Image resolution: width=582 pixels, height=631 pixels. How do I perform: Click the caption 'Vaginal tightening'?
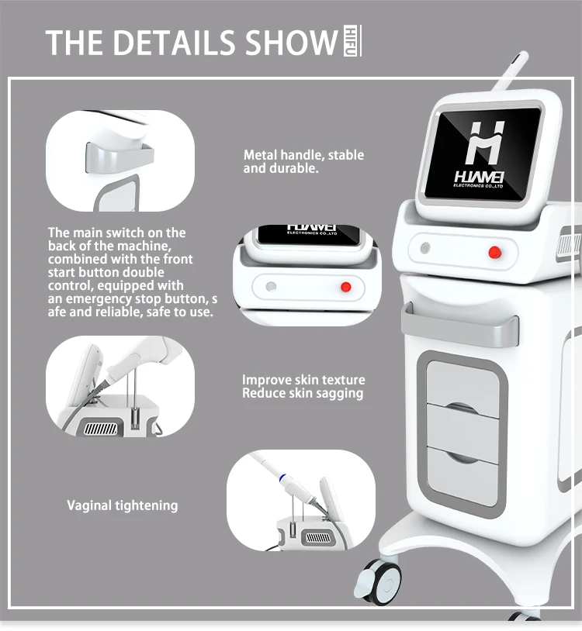[x=122, y=505]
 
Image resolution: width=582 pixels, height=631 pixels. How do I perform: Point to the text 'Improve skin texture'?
[x=303, y=380]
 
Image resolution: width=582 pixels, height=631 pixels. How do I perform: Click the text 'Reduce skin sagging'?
[x=302, y=393]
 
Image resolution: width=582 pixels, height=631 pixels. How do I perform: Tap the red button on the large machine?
[x=494, y=250]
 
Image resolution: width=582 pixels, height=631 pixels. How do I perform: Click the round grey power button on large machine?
[x=425, y=250]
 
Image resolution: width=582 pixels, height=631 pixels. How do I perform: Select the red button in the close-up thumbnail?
[x=324, y=287]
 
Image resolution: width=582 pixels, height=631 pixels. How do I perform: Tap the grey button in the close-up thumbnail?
[x=271, y=286]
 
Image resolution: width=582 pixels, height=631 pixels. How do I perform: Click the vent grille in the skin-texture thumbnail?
[x=99, y=428]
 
